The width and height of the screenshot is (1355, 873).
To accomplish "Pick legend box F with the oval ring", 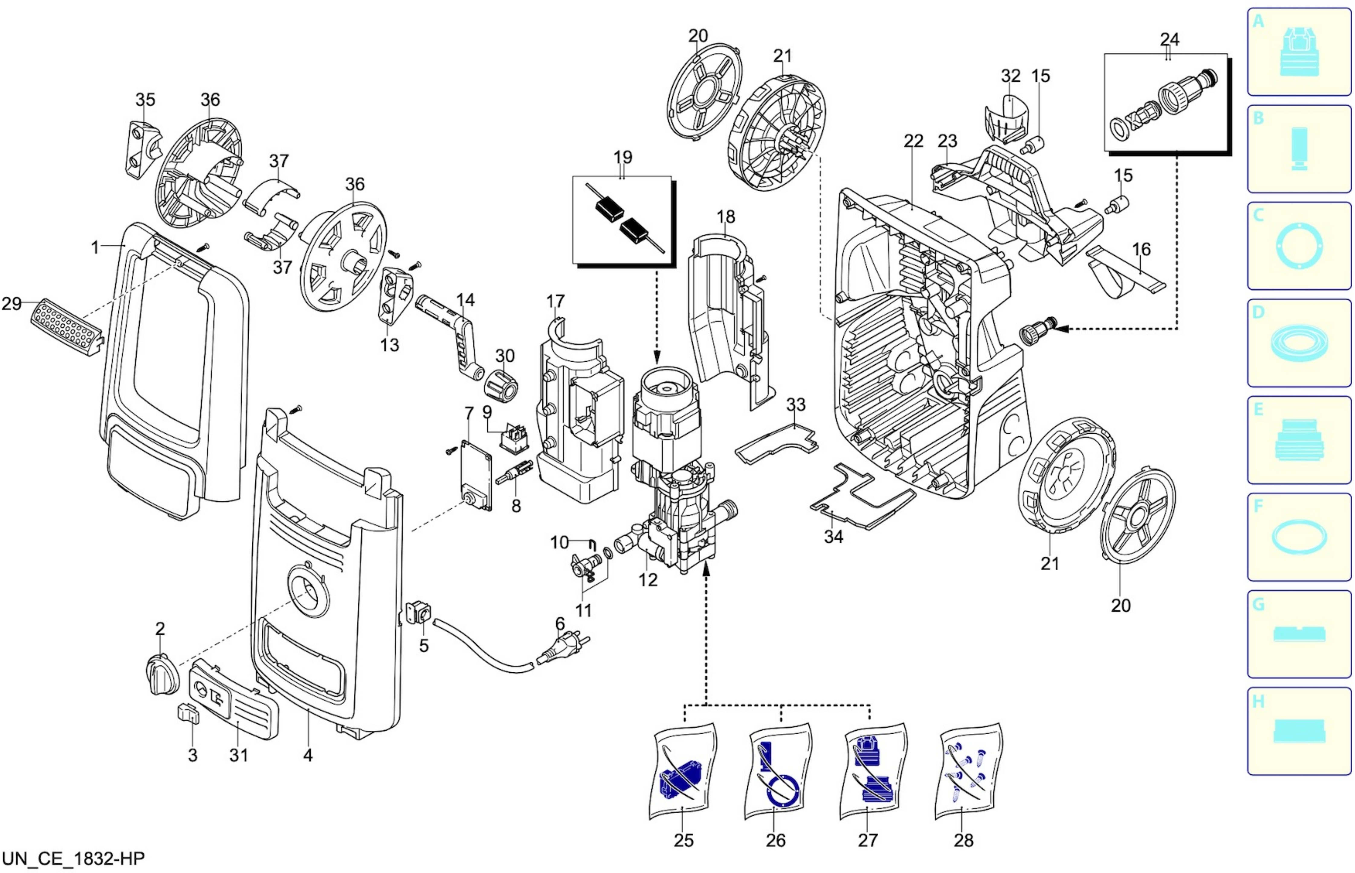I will (x=1299, y=537).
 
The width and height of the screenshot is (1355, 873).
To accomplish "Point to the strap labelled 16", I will (x=1125, y=272).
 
